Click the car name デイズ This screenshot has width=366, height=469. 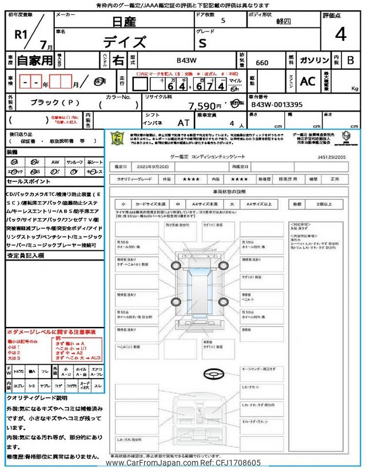click(124, 42)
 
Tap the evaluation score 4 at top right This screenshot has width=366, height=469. click(340, 34)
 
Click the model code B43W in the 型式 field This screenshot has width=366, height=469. click(186, 60)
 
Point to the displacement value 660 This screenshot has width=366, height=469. click(262, 63)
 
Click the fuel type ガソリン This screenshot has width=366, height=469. click(313, 60)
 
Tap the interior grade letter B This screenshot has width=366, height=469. click(351, 60)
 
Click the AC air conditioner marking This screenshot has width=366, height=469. click(307, 82)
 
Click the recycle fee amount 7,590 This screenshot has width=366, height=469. click(205, 106)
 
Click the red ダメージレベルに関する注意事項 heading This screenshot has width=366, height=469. click(52, 332)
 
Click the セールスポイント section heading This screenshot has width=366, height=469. click(28, 181)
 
